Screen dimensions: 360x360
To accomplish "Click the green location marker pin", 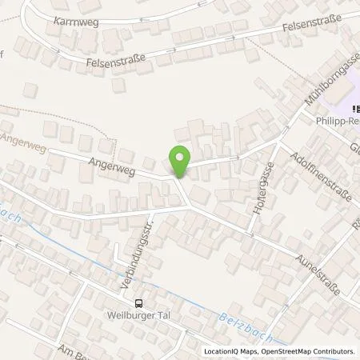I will tap(181, 161).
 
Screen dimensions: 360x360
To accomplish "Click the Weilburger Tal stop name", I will tap(139, 314).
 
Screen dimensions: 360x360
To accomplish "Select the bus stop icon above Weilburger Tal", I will tap(139, 303).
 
